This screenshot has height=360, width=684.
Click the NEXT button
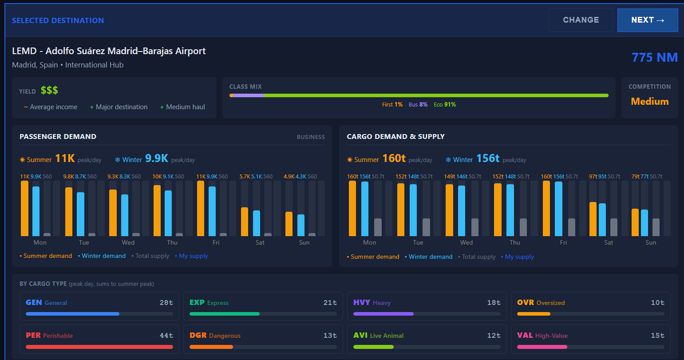coord(647,20)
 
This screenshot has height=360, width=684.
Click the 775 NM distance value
coord(654,57)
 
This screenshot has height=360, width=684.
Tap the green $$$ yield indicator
coord(49,91)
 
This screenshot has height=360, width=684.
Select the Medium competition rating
coord(649,101)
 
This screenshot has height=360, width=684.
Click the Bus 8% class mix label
coord(418,104)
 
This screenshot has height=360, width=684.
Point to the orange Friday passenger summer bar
coord(201,208)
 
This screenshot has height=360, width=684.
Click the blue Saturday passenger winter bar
coord(257,223)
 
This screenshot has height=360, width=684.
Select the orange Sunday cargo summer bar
coord(635,222)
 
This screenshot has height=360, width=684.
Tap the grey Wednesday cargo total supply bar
coord(475,227)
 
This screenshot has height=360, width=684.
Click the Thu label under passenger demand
coord(172,242)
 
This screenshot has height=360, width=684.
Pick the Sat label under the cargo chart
coord(608,242)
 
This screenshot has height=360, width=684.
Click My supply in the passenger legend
coord(193,256)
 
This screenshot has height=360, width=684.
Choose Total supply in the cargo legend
coord(478,257)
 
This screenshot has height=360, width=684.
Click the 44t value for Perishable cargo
coord(166,336)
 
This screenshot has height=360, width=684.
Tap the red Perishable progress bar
coord(99,347)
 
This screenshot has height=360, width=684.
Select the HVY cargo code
coord(362,303)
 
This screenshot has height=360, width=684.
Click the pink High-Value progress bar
coord(542,347)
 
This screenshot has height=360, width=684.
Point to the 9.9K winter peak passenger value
coord(156,158)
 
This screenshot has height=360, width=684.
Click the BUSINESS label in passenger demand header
coord(311,137)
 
